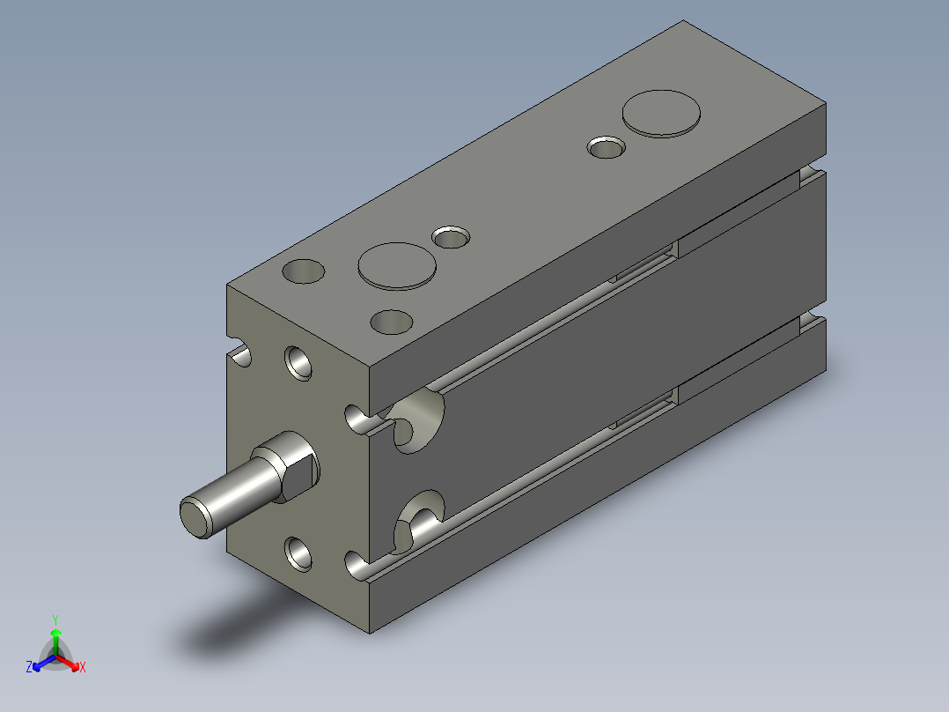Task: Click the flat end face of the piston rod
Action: (195, 516)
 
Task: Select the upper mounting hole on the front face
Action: (298, 361)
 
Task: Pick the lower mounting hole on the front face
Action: (299, 553)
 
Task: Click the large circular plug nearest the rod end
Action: (397, 265)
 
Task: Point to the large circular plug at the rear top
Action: (662, 114)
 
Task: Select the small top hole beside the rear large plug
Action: (606, 147)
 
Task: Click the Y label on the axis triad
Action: (55, 619)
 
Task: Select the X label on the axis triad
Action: (82, 668)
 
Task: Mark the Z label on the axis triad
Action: (29, 668)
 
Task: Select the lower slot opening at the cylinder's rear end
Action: (813, 323)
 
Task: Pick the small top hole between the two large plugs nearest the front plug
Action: (452, 236)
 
